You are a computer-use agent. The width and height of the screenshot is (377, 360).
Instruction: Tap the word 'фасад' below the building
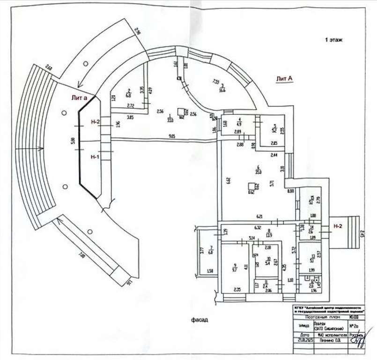(x=199, y=320)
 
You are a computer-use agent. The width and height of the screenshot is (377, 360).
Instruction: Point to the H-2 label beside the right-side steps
(x=337, y=226)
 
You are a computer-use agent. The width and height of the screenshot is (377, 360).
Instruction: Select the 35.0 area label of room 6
(x=258, y=172)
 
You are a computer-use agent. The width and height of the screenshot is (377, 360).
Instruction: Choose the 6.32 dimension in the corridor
(x=257, y=228)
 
